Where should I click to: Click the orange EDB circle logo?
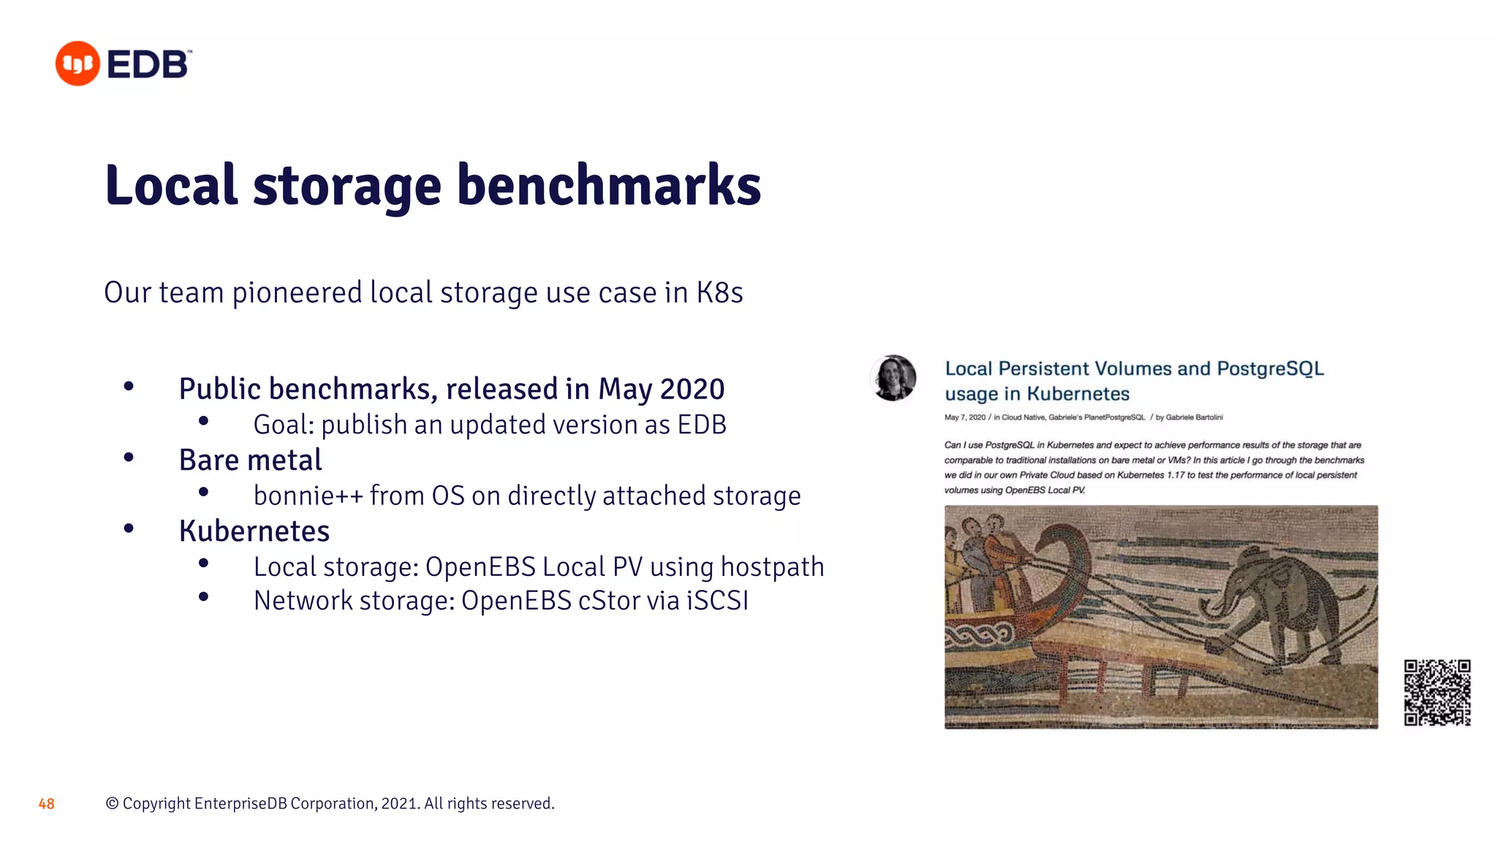click(x=77, y=64)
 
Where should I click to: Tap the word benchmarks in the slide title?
click(x=609, y=186)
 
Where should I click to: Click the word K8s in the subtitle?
click(x=719, y=293)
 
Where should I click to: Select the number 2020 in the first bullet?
click(x=692, y=389)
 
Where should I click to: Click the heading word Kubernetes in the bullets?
click(x=254, y=531)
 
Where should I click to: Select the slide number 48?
click(x=46, y=804)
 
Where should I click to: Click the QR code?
click(x=1436, y=692)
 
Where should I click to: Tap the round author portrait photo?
click(x=893, y=378)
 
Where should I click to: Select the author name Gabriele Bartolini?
click(x=1194, y=417)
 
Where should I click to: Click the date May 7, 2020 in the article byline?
click(x=965, y=417)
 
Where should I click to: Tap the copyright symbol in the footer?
click(x=112, y=804)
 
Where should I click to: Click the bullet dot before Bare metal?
click(x=129, y=458)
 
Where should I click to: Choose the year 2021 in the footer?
click(x=399, y=804)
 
